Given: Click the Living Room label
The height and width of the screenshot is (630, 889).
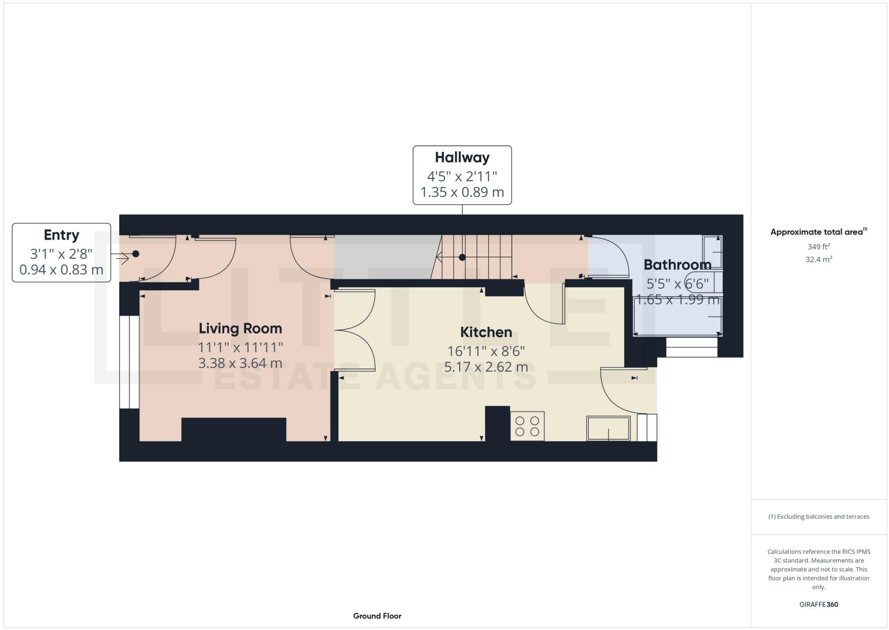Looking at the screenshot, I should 240,328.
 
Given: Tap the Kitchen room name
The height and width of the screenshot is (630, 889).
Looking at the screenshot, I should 486,332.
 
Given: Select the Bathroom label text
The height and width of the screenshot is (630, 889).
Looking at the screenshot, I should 677,265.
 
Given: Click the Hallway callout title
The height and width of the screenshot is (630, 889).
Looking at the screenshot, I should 462,157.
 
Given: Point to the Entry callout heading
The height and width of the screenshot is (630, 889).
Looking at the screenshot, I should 61,235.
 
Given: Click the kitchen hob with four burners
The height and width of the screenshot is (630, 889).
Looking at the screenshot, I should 527,426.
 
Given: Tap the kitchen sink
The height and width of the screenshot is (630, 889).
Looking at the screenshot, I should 608,428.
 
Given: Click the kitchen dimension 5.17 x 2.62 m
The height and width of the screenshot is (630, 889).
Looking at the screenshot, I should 486,367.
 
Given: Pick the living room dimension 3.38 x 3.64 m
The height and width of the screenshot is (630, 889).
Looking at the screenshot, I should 240,363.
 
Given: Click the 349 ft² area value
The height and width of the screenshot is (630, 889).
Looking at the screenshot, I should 818,247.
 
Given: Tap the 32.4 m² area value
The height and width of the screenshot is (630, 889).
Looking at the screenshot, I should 818,260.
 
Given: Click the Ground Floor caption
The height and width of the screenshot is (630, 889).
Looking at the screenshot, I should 377,616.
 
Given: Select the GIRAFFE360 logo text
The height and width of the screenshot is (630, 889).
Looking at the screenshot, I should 818,604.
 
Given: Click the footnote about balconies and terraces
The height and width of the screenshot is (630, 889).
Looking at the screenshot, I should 818,517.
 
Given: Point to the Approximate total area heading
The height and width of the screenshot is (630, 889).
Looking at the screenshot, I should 818,232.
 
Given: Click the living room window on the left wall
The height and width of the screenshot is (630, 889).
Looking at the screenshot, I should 129,362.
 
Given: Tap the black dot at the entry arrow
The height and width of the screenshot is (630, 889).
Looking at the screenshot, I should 135,254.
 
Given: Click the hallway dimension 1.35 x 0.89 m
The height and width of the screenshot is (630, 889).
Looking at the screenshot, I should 462,192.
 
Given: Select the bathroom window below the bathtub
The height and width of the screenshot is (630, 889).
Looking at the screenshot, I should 691,347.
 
